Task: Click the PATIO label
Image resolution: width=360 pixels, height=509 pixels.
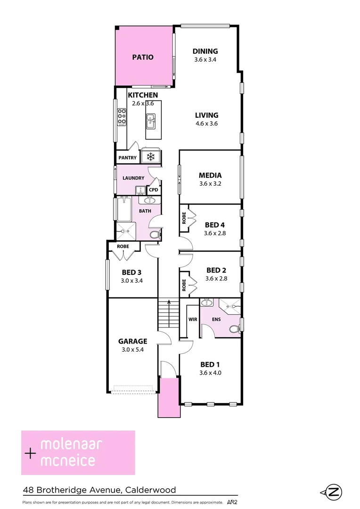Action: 142,57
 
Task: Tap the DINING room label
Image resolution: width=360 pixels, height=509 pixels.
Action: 205,51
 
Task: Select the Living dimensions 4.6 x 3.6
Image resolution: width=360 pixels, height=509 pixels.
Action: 206,124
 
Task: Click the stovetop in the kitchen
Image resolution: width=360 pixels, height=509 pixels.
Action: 122,116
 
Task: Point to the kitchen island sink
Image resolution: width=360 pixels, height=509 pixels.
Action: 151,121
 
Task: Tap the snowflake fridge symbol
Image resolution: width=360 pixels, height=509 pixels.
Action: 151,156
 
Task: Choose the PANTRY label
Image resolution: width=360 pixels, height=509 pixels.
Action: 127,158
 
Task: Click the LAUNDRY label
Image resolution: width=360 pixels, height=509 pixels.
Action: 133,178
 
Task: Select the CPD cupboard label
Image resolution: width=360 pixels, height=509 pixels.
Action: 154,190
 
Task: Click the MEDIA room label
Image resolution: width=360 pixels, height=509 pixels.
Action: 210,175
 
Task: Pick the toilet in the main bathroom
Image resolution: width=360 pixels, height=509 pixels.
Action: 154,235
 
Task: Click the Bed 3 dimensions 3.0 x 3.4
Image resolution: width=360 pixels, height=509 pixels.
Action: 132,280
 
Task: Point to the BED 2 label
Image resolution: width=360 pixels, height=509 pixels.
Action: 216,270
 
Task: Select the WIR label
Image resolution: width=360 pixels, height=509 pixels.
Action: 193,319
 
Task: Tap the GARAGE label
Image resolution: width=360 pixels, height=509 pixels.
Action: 132,341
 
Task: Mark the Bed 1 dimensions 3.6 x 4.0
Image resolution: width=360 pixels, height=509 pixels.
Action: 211,373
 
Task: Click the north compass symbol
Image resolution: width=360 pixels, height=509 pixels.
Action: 334,493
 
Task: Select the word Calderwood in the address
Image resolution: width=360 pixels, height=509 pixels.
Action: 149,490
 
